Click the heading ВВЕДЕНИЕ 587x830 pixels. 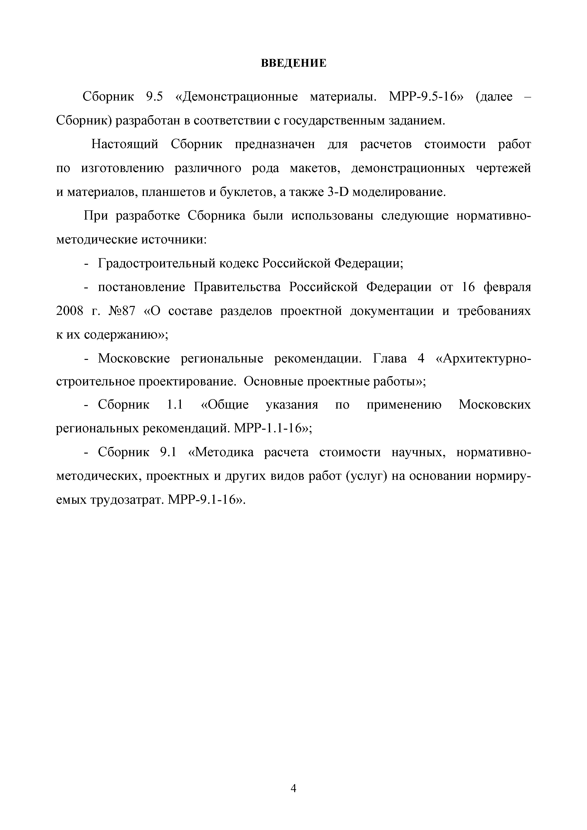click(x=293, y=63)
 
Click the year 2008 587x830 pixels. click(x=70, y=311)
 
